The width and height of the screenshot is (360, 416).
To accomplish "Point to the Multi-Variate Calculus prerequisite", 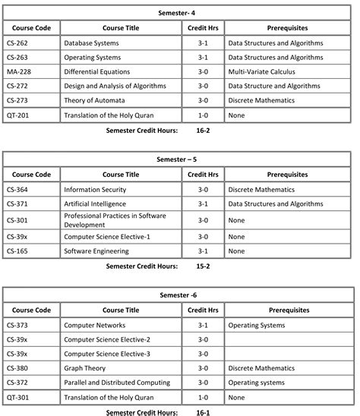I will [261, 72].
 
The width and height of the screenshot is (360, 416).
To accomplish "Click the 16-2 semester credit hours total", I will [203, 131].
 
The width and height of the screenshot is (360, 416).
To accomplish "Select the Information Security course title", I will [95, 190].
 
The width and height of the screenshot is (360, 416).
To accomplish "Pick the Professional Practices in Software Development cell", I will [115, 220].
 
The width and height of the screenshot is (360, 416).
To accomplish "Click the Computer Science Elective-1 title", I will [107, 237].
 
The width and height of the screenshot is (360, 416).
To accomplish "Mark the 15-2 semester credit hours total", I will [203, 266].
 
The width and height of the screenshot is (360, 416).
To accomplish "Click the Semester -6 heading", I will [179, 295].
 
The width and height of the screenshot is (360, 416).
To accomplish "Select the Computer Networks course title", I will [94, 325].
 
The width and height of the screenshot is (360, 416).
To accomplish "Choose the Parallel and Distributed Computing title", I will [116, 383].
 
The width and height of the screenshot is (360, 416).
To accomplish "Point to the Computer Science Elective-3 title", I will [107, 354].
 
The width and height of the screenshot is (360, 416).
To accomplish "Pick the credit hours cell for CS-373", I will [203, 325].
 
